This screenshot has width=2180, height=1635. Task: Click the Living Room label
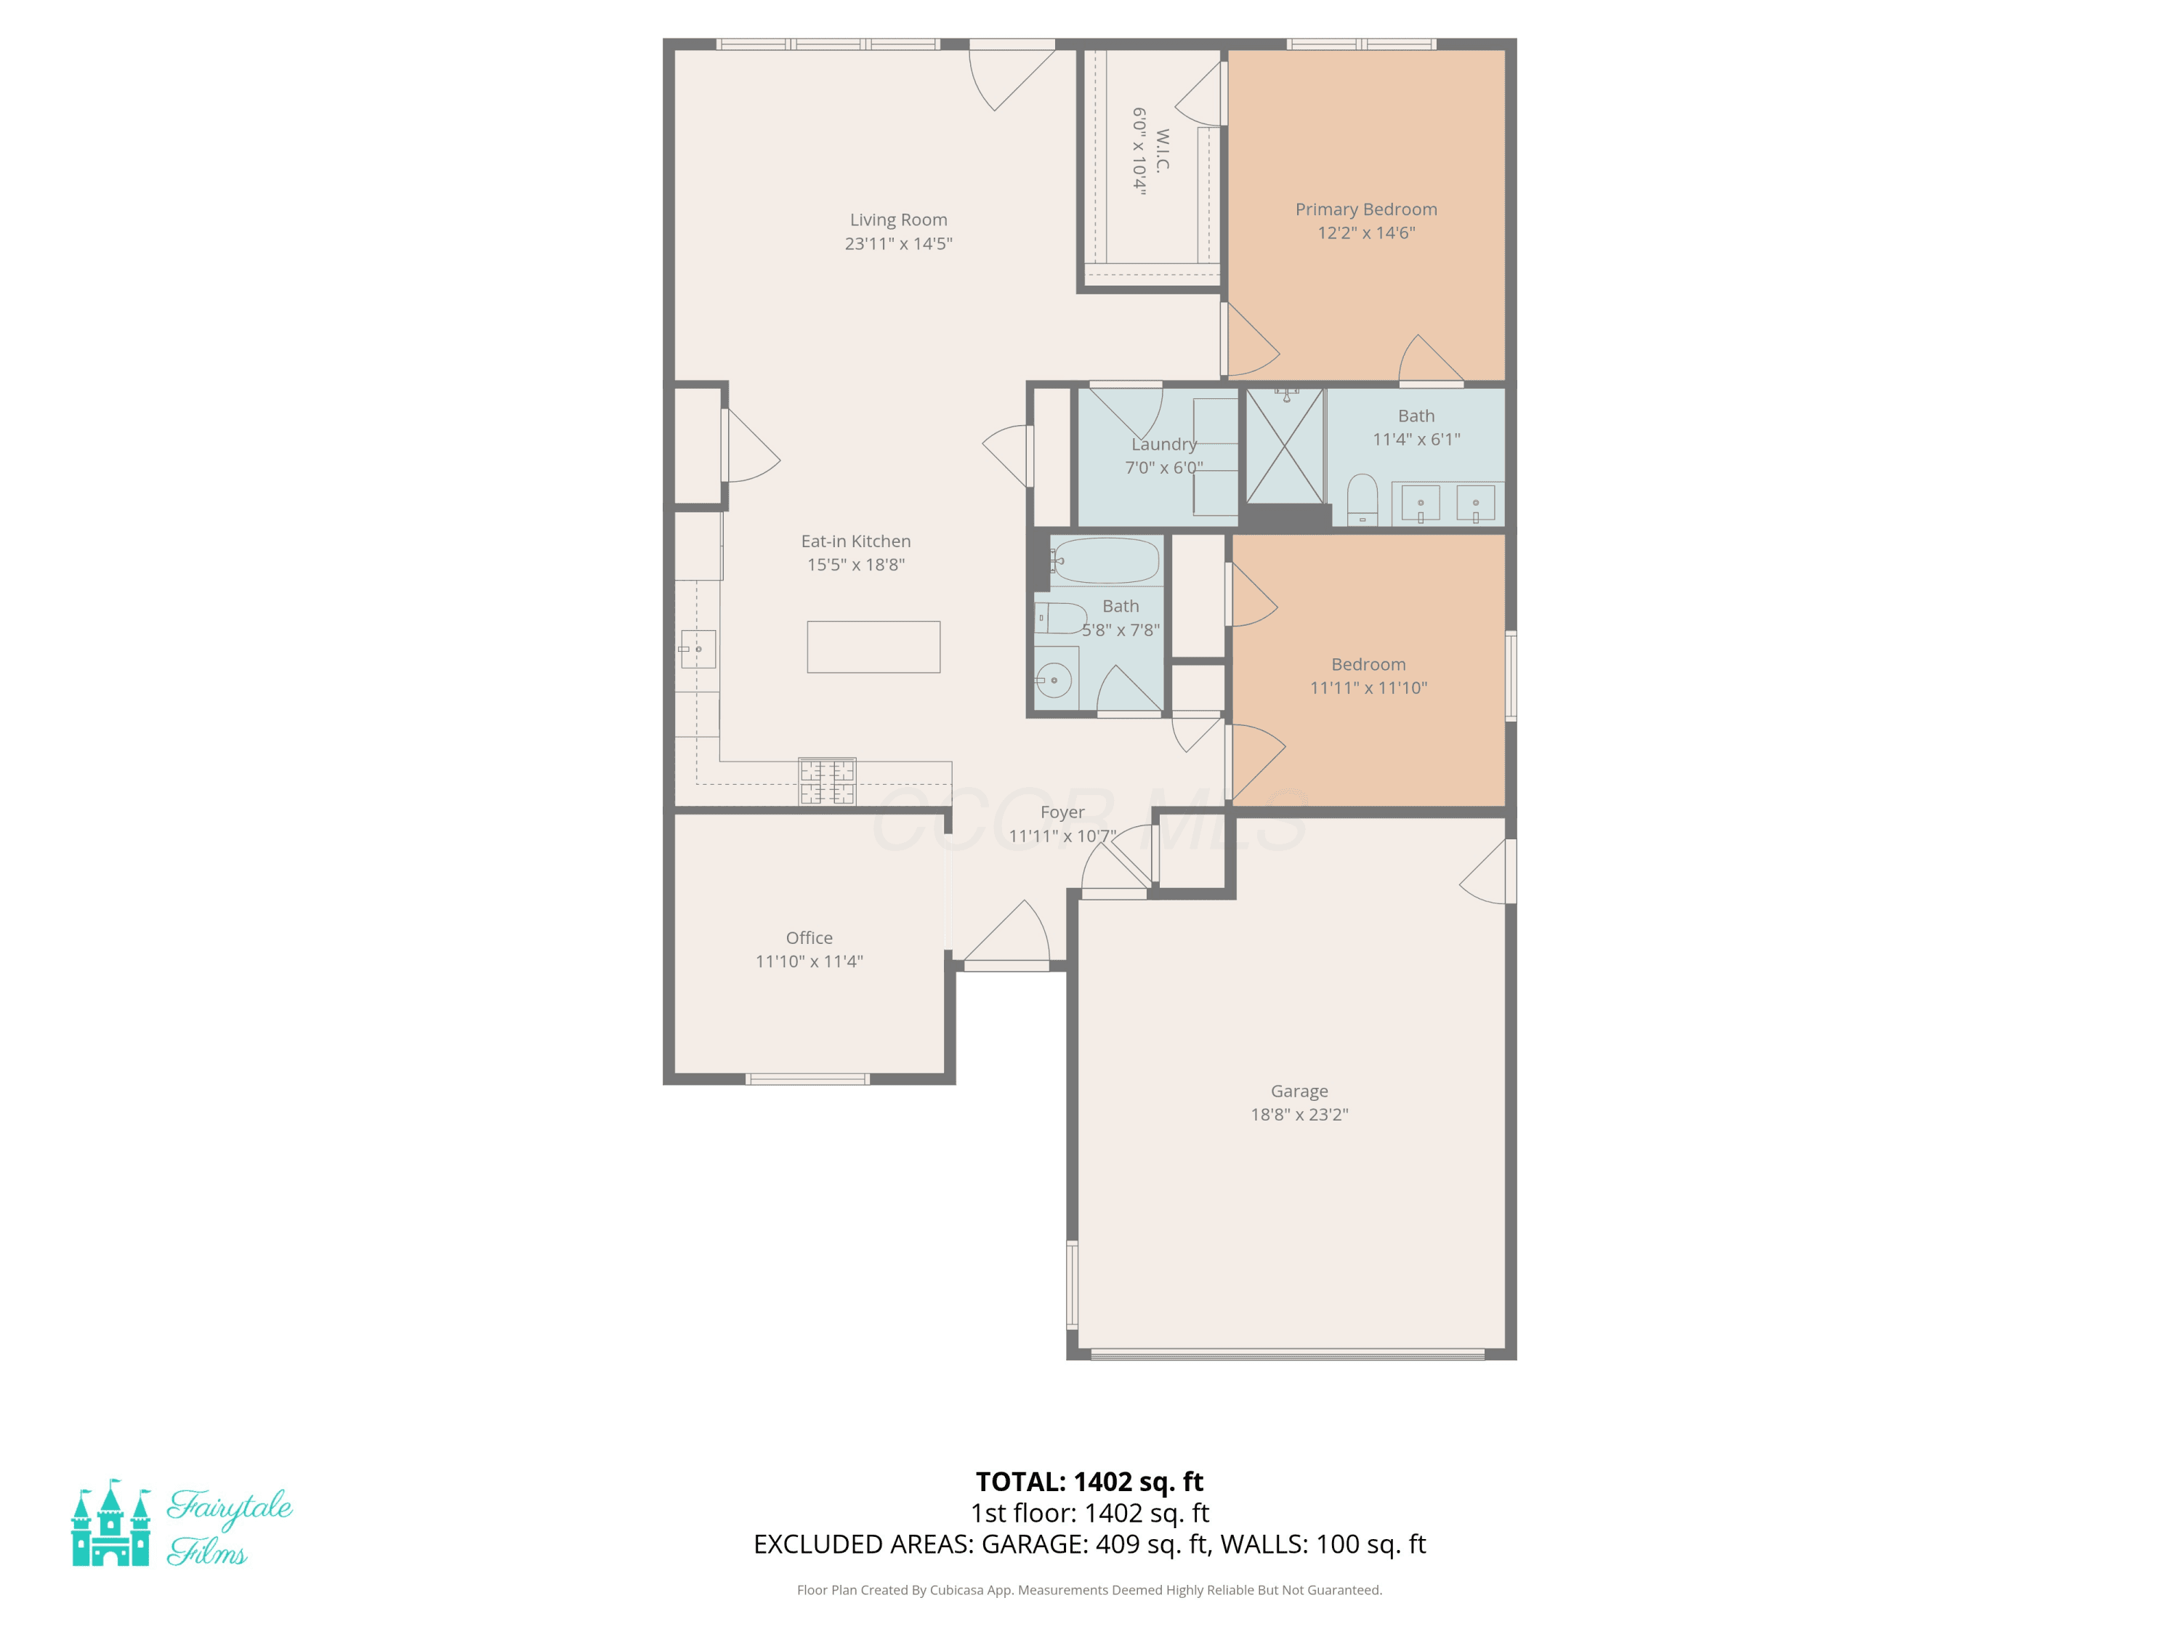898,219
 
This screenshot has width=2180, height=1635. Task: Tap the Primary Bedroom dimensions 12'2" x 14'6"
1366,233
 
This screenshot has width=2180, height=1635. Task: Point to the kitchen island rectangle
873,647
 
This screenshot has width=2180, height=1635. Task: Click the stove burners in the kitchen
827,781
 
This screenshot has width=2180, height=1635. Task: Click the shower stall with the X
1284,446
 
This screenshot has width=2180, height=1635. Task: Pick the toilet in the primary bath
1362,500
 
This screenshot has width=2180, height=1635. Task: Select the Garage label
1299,1091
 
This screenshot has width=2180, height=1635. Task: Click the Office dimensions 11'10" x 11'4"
809,961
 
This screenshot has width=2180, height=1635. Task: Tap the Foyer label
1062,812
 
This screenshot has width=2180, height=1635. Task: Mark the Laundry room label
1164,445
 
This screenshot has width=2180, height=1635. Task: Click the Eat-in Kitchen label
855,541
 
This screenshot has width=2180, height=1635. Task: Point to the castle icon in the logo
110,1522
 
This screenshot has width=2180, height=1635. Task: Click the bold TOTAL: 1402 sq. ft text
1089,1481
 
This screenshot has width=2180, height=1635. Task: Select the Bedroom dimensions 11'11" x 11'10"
1368,688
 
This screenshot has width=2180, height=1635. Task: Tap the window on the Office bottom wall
807,1079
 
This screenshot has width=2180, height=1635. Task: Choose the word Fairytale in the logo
230,1507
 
